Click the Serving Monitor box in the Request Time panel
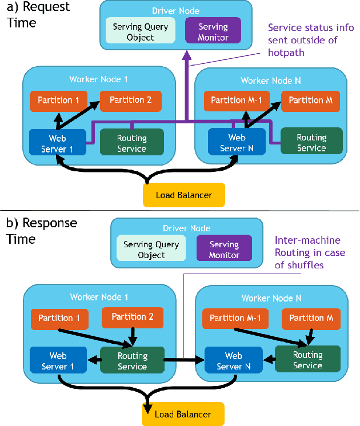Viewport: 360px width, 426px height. point(213,32)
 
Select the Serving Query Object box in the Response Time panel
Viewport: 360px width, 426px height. point(151,250)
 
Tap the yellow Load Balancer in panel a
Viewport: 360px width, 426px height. point(183,195)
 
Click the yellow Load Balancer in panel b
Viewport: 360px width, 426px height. point(183,414)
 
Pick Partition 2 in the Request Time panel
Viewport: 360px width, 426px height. point(130,101)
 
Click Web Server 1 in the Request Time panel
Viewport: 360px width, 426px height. point(57,143)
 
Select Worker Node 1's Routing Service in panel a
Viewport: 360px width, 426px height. point(131,143)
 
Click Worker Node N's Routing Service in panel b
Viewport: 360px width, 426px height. point(307,360)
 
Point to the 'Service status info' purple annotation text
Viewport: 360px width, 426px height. point(311,40)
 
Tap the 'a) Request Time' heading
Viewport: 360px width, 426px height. point(38,15)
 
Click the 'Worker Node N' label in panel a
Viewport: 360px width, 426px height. point(271,81)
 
